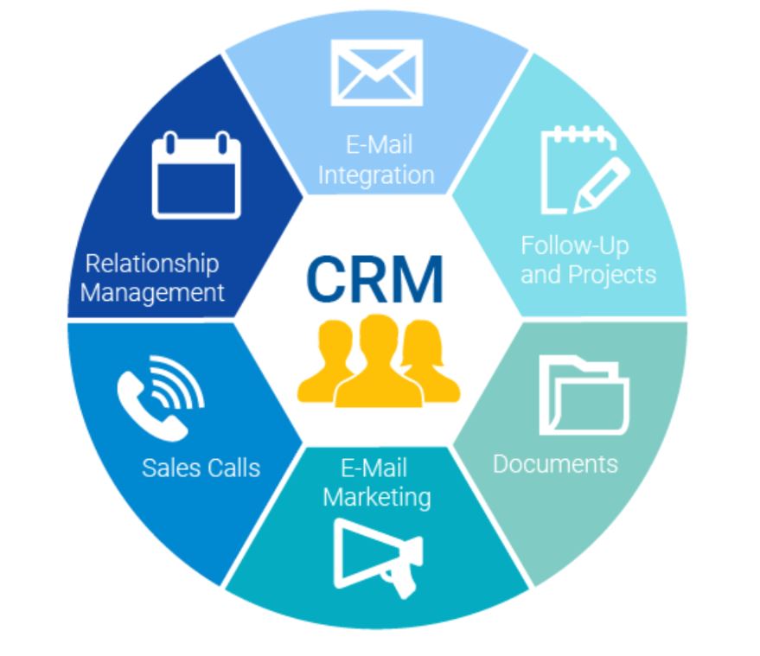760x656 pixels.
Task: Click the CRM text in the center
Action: tap(375, 279)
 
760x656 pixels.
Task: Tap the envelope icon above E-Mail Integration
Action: tap(377, 73)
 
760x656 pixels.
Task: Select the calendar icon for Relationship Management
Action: tap(196, 175)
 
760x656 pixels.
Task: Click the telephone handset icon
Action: tap(150, 406)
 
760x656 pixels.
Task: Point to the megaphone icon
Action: tap(378, 557)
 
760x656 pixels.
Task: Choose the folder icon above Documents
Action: tap(584, 395)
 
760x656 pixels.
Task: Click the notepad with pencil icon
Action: tap(585, 169)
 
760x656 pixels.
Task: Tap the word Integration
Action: tap(376, 175)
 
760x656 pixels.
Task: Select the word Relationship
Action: tap(152, 264)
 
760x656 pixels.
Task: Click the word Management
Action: tap(152, 293)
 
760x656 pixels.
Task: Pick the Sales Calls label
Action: tap(201, 468)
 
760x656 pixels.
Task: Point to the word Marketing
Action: tap(377, 498)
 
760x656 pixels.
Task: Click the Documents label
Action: tap(555, 464)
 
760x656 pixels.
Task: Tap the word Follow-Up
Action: tap(575, 245)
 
